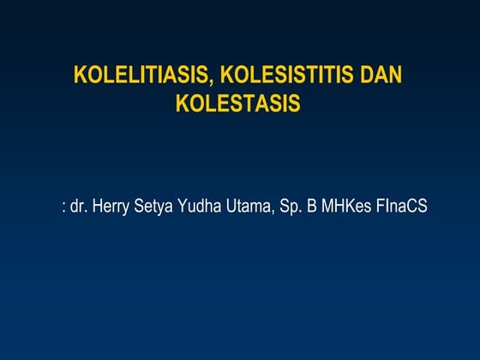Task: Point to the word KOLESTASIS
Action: point(238,104)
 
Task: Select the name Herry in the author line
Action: point(110,207)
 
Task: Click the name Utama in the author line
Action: point(247,207)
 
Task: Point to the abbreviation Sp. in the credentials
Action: point(290,207)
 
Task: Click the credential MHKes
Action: point(345,207)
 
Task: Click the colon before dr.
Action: point(64,207)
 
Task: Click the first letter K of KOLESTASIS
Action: point(182,104)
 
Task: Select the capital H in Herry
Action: point(95,207)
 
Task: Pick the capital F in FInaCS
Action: point(379,207)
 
